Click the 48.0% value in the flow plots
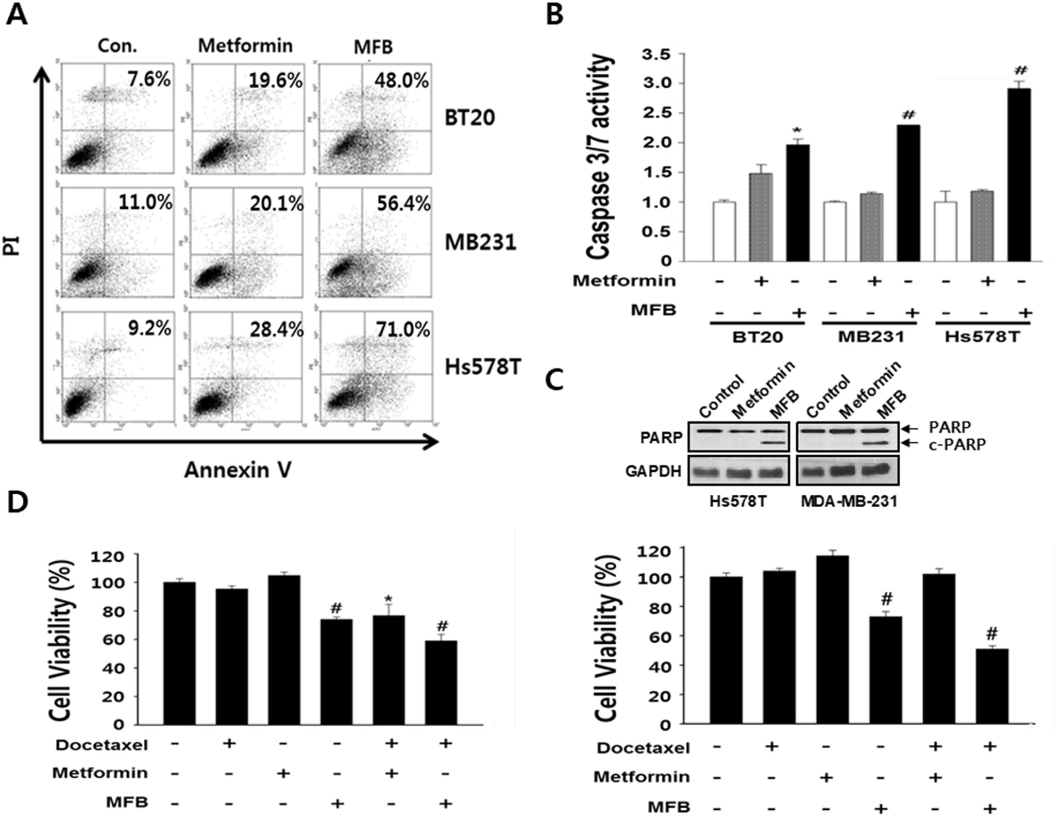(401, 80)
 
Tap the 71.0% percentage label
(402, 329)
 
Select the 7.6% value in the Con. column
(149, 80)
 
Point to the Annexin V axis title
(238, 470)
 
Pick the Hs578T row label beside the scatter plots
(483, 367)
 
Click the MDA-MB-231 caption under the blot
(848, 501)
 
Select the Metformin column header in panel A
(245, 46)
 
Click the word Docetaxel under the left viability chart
(102, 745)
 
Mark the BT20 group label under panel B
(757, 338)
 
